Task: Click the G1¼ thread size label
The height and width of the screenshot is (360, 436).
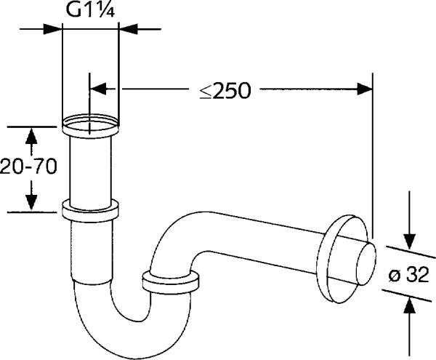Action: (90, 11)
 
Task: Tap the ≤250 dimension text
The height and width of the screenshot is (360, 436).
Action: (225, 90)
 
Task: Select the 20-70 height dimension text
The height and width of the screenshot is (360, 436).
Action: (28, 167)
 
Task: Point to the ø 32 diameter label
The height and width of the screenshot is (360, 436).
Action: (408, 276)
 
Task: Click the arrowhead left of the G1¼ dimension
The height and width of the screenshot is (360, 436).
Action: (52, 29)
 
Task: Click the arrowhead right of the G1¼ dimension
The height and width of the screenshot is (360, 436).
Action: (129, 29)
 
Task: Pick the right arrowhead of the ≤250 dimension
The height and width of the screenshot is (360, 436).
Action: (364, 89)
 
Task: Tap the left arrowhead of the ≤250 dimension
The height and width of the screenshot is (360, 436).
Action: (98, 89)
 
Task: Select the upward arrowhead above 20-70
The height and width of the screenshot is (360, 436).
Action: (31, 136)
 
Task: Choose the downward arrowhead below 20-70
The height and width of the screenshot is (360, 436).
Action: (31, 202)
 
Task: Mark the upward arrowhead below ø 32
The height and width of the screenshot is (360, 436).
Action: (409, 305)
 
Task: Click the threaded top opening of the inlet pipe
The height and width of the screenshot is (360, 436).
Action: (91, 124)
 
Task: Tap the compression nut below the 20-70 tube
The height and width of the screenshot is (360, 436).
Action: (91, 210)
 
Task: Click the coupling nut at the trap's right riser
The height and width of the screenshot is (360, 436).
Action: (171, 282)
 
